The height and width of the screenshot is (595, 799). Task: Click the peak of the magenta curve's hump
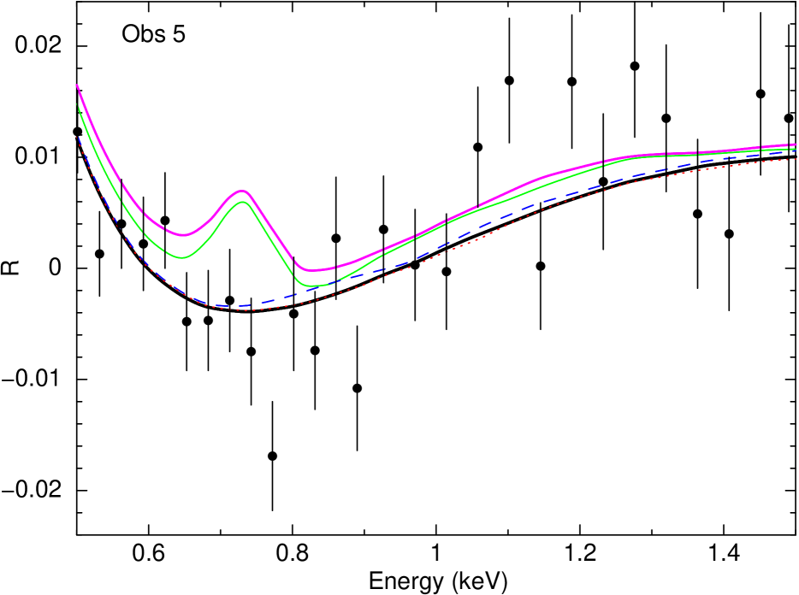pyautogui.click(x=242, y=191)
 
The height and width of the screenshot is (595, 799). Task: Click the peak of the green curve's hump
pyautogui.click(x=242, y=202)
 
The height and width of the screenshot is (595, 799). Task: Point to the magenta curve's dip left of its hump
pyautogui.click(x=182, y=235)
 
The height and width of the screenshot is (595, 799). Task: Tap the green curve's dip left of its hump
pyautogui.click(x=181, y=257)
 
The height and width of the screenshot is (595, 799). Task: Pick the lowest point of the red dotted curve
pyautogui.click(x=244, y=310)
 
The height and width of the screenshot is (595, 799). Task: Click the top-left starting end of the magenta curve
pyautogui.click(x=77, y=85)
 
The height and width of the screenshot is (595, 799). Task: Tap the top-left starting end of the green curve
pyautogui.click(x=78, y=105)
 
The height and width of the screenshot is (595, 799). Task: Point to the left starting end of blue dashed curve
pyautogui.click(x=79, y=137)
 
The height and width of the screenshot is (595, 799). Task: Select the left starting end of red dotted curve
pyautogui.click(x=81, y=150)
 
